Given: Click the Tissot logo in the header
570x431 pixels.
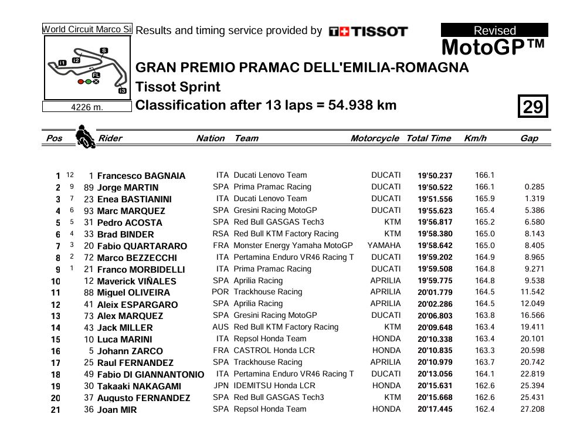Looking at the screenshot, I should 368,32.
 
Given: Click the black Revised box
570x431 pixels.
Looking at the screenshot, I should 494,30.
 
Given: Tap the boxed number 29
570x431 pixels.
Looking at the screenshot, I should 532,107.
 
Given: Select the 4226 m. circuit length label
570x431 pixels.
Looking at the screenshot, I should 87,107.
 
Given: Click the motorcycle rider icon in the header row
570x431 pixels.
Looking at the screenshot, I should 86,137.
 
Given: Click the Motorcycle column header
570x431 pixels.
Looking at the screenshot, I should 375,138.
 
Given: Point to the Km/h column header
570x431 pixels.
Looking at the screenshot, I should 475,138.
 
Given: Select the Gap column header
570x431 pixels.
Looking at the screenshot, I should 529,138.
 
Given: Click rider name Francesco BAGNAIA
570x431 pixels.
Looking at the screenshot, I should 141,176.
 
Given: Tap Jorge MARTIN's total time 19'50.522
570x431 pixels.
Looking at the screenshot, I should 435,188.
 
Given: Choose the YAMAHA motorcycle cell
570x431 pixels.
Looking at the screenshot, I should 384,246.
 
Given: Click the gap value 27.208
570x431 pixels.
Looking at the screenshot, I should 532,409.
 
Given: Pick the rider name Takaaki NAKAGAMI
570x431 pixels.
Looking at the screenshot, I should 140,386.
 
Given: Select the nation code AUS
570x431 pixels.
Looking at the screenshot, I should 220,327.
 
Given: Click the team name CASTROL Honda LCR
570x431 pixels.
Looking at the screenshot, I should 274,351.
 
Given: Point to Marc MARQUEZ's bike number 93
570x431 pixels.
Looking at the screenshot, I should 89,211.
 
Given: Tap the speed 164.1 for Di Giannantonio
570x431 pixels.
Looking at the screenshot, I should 484,374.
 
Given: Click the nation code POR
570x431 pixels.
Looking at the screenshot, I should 220,292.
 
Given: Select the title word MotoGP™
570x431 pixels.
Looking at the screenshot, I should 493,47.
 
